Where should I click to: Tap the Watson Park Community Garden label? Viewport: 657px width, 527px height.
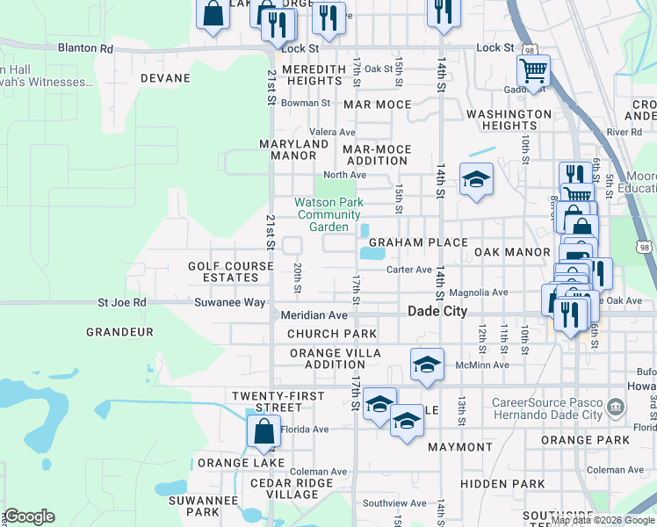coord(328,214)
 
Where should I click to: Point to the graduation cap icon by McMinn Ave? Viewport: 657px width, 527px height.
coord(426,363)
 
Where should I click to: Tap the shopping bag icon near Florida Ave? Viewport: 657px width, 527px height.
coord(264,430)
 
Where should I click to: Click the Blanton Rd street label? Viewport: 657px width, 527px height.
coord(86,49)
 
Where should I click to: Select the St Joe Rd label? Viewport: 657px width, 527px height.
coord(121,303)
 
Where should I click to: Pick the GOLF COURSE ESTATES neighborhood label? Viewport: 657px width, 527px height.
coord(223,271)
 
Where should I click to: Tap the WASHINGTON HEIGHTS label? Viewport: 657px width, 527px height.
coord(509,120)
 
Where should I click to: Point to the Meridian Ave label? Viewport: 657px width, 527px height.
coord(314,314)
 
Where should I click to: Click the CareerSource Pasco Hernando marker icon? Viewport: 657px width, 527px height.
coord(617,407)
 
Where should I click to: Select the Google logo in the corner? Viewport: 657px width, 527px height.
coord(28,516)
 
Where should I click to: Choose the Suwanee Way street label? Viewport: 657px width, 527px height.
coord(229,303)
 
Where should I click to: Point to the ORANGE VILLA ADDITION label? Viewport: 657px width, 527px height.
coord(335,358)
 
